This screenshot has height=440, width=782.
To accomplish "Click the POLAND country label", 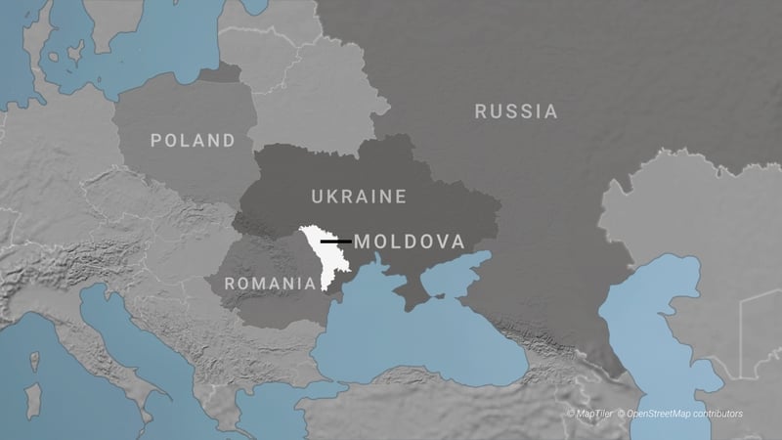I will point(193,141).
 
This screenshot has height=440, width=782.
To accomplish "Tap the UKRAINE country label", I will point(359,197).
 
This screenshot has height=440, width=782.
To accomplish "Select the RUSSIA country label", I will point(516,111).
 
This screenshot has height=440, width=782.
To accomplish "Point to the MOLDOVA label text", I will point(409,241).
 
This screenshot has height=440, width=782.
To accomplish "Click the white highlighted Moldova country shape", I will point(318,256).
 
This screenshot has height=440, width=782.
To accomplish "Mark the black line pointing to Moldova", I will point(335,240).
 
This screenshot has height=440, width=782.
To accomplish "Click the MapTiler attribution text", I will point(586,415).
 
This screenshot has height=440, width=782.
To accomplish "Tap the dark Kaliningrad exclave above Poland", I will point(224,73).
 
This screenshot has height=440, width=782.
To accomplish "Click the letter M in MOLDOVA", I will point(362,241).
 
